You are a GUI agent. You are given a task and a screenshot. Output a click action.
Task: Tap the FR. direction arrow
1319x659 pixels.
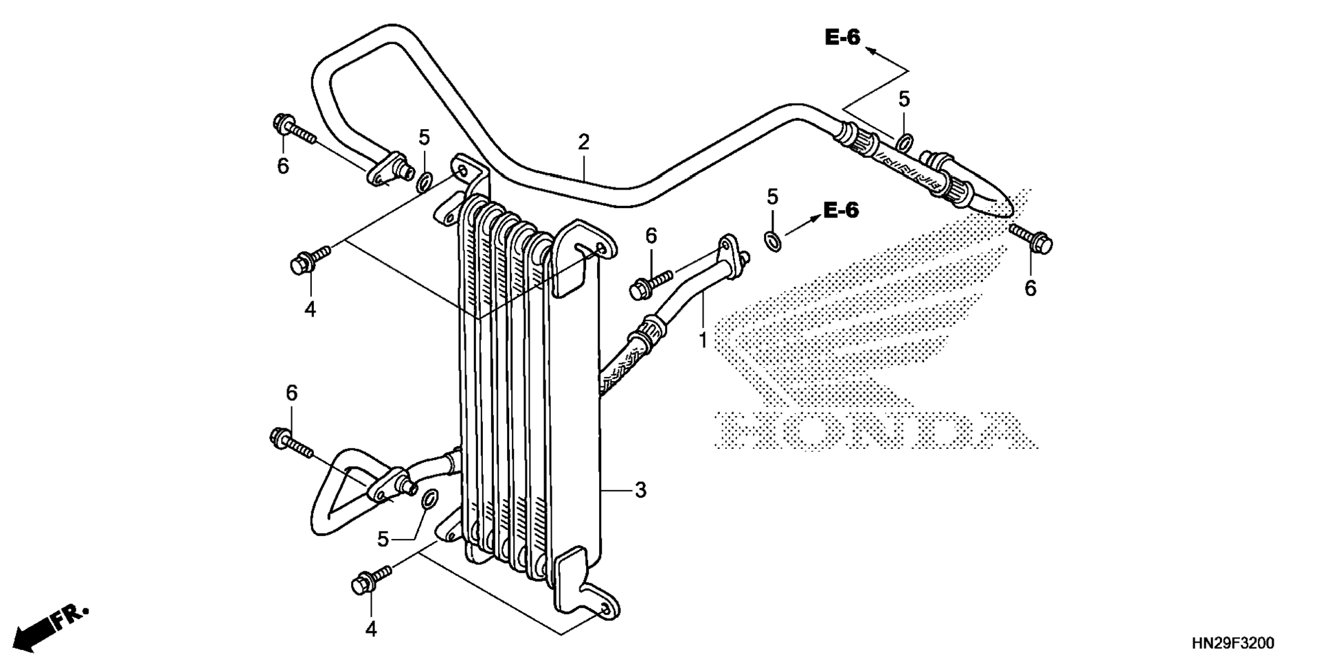coord(52,626)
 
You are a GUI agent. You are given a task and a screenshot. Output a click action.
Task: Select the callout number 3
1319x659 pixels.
coord(640,490)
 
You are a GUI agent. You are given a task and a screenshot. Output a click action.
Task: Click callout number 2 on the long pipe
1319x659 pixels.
coord(583,142)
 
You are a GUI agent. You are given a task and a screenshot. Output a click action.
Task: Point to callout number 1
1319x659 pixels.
coord(703,340)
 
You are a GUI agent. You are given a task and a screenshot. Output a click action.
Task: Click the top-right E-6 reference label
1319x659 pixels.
coord(842,38)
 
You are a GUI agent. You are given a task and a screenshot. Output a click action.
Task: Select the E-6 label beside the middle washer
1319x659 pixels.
coord(841,210)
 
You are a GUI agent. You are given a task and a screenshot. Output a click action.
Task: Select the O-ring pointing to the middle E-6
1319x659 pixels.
coord(772,240)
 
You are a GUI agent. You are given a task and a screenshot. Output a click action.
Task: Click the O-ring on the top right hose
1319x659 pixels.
coord(905,143)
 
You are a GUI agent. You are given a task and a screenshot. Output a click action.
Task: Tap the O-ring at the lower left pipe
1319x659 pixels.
coord(428,499)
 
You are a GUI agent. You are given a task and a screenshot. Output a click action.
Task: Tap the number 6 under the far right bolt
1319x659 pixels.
coord(1030,289)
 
